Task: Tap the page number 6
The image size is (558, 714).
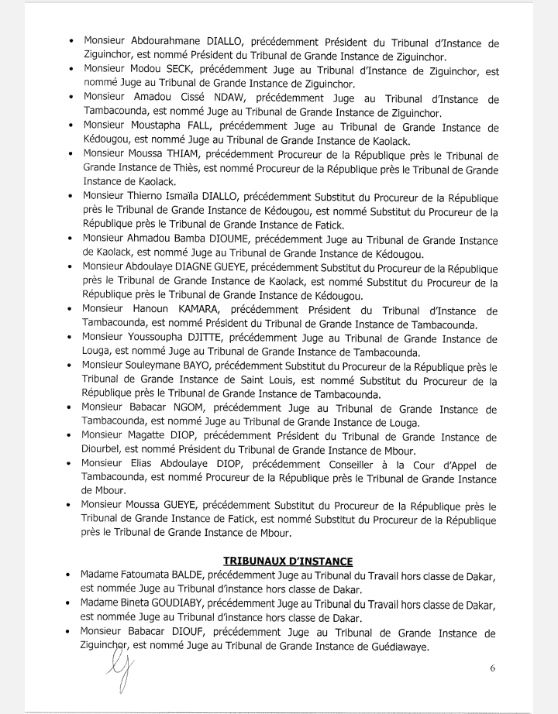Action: coord(493,668)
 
